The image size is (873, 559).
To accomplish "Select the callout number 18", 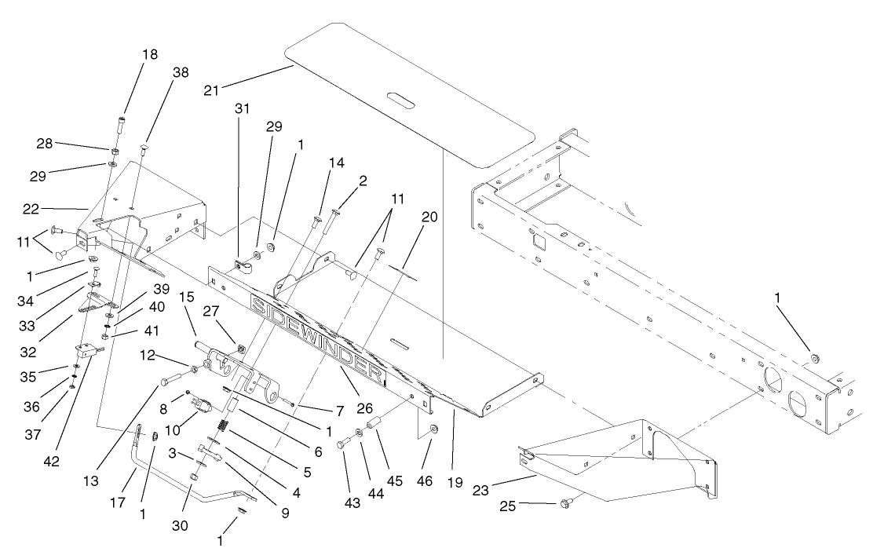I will (149, 54).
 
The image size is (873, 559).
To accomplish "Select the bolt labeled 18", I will (121, 123).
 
